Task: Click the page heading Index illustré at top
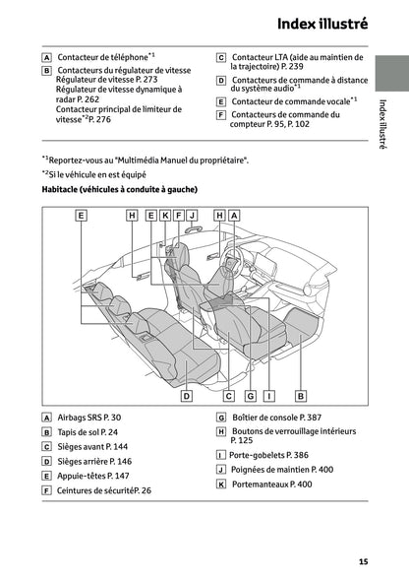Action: pos(321,23)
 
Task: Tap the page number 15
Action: pos(363,561)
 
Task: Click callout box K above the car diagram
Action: pos(165,215)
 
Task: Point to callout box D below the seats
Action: pos(186,396)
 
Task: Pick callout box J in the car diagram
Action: pos(193,215)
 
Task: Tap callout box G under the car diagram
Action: pos(251,396)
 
